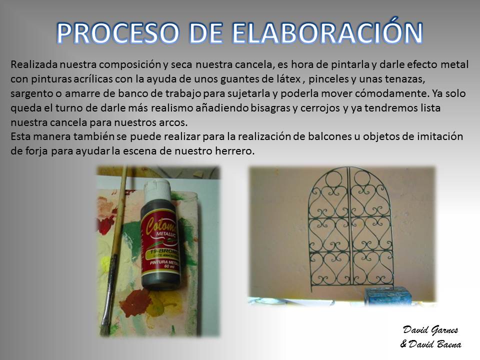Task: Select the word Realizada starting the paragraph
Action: [x=34, y=64]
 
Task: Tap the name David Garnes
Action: [x=430, y=330]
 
